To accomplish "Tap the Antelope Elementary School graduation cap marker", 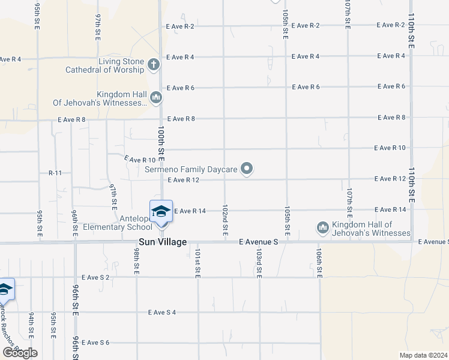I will coord(161,211).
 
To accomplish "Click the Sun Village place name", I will coord(162,242).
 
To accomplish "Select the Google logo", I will coord(20,353).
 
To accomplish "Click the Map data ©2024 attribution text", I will coord(423,355).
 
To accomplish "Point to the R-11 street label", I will coord(55,173).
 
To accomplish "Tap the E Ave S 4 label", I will coord(162,312).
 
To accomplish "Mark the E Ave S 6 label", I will coord(96,343).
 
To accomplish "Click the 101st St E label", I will coord(197,262).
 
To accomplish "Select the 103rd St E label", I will coord(259,262).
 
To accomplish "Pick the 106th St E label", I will coord(319,262).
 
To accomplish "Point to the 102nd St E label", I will coord(225,218).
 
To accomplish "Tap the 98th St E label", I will coord(137,262).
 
